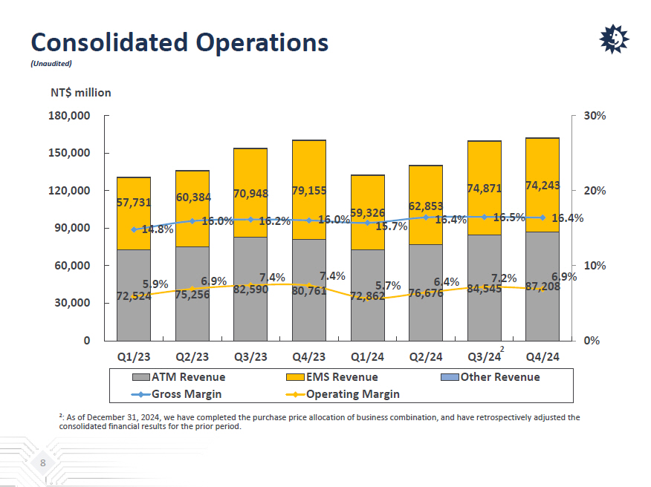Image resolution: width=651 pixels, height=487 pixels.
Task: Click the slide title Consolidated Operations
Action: coord(179,42)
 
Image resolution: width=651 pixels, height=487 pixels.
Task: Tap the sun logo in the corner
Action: coord(614,39)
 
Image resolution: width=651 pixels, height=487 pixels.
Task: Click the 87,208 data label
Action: coord(542,287)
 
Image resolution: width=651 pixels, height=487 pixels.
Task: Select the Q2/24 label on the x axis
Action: coord(425,356)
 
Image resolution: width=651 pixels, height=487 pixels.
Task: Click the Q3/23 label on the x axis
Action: coord(250,356)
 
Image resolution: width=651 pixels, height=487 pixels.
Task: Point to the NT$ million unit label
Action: coord(80,93)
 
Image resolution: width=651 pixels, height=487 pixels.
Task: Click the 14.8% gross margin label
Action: coord(157,229)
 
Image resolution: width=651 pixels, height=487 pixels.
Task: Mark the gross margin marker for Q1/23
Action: coord(134,229)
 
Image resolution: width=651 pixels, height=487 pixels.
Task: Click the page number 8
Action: coord(43,464)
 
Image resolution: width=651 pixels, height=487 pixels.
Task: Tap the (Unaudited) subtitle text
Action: coord(51,64)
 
